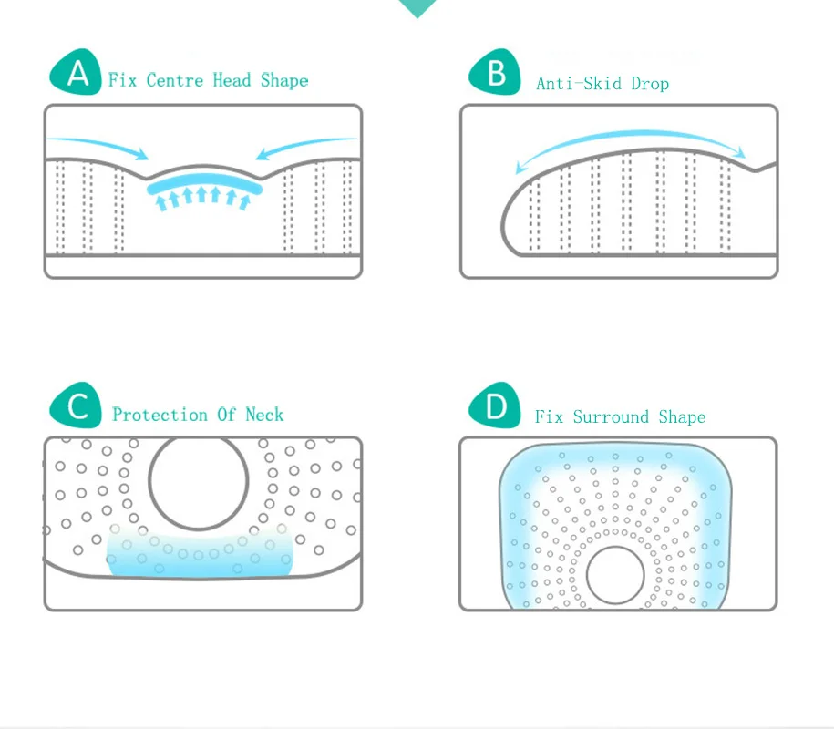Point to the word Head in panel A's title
point(232,80)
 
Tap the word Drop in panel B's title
point(649,84)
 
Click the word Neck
point(264,415)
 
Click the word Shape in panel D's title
point(682,417)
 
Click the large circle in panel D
point(615,576)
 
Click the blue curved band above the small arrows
point(205,182)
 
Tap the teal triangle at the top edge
point(417,7)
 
